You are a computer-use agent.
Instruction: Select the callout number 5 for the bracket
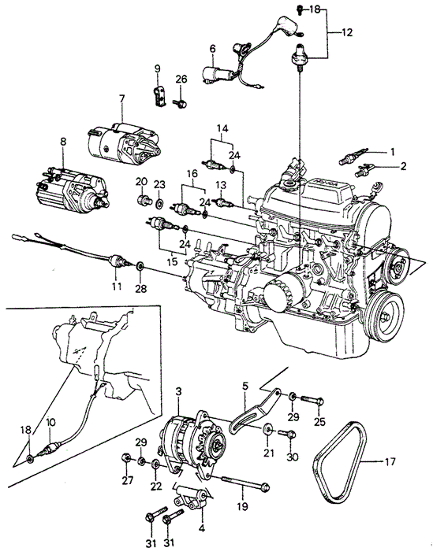coord(245,386)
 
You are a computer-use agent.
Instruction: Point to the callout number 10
coord(51,423)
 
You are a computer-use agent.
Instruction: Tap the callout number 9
coord(157,68)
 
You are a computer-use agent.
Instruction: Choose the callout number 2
coord(404,166)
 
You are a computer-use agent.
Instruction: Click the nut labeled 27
coord(125,460)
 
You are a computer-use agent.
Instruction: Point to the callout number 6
coord(212,49)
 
